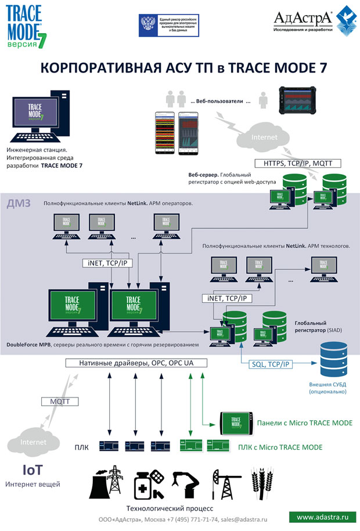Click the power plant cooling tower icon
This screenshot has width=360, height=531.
tap(107, 482)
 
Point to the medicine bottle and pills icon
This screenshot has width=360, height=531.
tap(147, 483)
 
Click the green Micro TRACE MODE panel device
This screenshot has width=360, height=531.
tap(236, 422)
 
